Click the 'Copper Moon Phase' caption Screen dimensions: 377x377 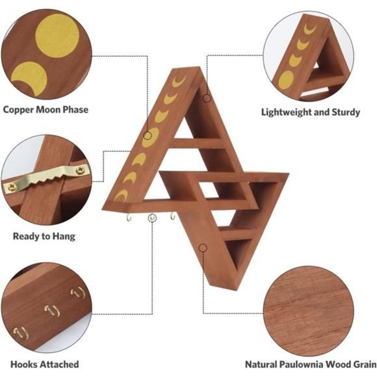click(45, 110)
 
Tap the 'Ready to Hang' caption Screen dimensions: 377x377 click(44, 237)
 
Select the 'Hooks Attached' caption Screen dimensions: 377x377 click(45, 364)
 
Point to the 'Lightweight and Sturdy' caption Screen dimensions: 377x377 click(311, 112)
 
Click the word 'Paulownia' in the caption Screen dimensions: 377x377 click(302, 364)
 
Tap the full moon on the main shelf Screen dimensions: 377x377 click(151, 138)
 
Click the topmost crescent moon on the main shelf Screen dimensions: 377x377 click(179, 81)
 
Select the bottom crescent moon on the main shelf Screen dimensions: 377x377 click(122, 195)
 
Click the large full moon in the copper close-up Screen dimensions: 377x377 click(57, 36)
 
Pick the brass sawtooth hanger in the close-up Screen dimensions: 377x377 click(47, 177)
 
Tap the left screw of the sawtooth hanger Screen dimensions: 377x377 click(11, 187)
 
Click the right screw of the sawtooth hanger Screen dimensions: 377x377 click(80, 170)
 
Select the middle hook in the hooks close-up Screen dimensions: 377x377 click(52, 310)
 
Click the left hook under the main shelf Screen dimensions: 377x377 click(129, 218)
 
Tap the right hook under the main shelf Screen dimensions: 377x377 click(173, 216)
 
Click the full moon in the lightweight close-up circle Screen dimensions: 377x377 click(286, 80)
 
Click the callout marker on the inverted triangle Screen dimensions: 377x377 click(203, 248)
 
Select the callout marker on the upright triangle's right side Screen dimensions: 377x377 click(207, 98)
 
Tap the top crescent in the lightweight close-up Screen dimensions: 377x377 click(310, 28)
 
